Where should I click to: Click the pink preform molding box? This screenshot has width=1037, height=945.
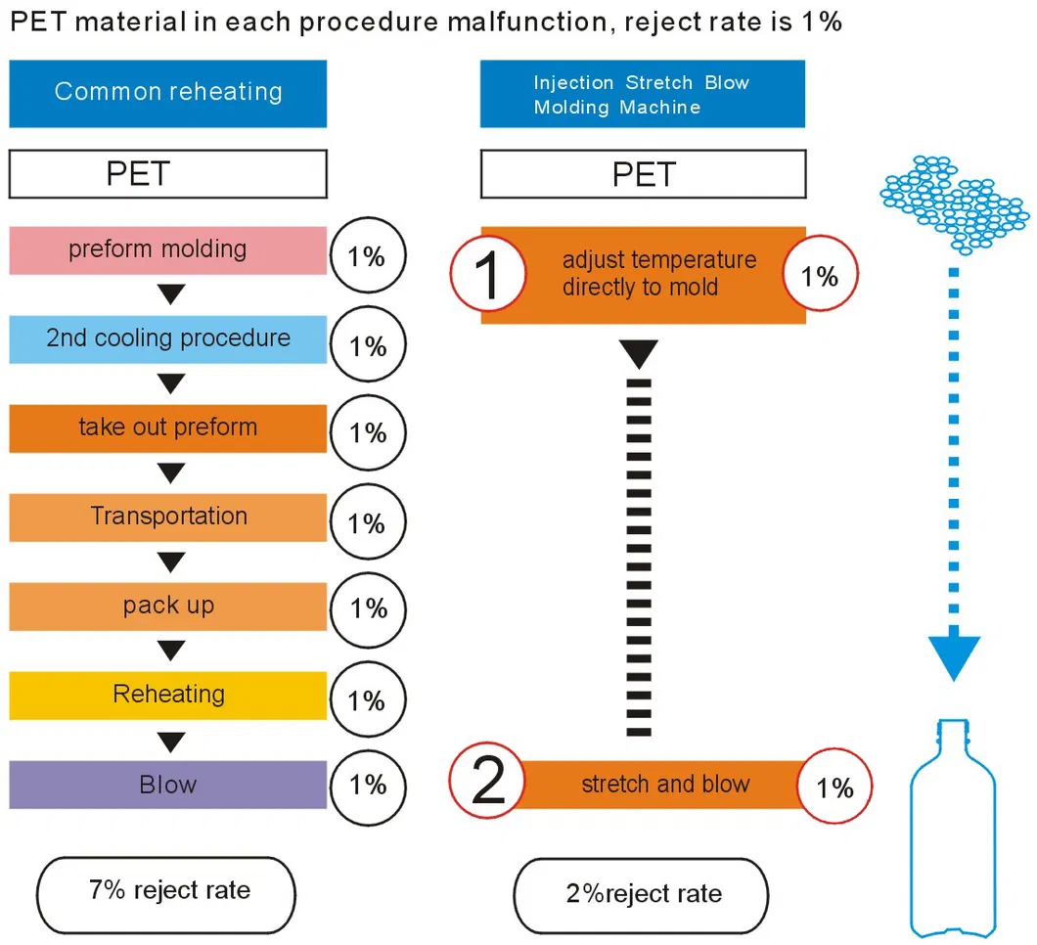point(167,250)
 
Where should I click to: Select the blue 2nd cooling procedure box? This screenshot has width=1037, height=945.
point(167,339)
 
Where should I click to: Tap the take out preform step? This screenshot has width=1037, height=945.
point(167,428)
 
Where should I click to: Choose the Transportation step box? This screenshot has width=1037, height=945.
point(167,517)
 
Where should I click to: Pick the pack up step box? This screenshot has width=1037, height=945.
point(167,607)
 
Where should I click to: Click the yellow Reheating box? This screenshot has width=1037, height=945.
point(167,696)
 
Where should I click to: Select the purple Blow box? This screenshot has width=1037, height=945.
point(167,785)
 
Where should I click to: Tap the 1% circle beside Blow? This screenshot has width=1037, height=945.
point(368,786)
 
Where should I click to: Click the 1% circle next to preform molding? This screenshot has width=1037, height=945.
point(368,258)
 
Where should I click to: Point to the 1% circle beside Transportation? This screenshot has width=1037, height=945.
point(368,523)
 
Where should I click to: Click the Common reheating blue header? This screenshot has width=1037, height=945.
point(167,93)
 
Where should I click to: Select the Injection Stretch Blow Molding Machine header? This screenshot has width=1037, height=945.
point(642,95)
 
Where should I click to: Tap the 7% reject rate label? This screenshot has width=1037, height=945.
point(165,891)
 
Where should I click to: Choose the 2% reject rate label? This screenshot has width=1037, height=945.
point(642,893)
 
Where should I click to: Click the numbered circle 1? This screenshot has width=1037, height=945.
point(487,275)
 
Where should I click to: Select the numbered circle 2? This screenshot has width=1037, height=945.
point(487,784)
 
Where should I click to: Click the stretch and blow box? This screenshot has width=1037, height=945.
point(665,785)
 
